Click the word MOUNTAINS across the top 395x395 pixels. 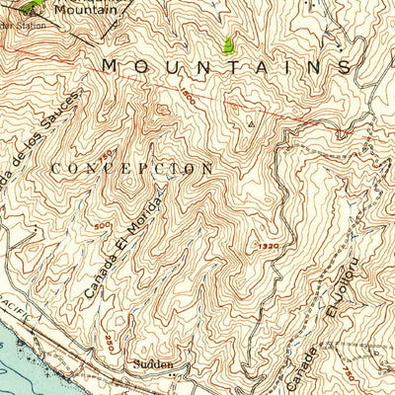pyautogui.click(x=226, y=66)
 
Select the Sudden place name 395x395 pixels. pyautogui.click(x=155, y=364)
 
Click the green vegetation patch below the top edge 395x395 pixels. pyautogui.click(x=229, y=43)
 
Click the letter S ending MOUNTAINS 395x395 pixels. pyautogui.click(x=344, y=66)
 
